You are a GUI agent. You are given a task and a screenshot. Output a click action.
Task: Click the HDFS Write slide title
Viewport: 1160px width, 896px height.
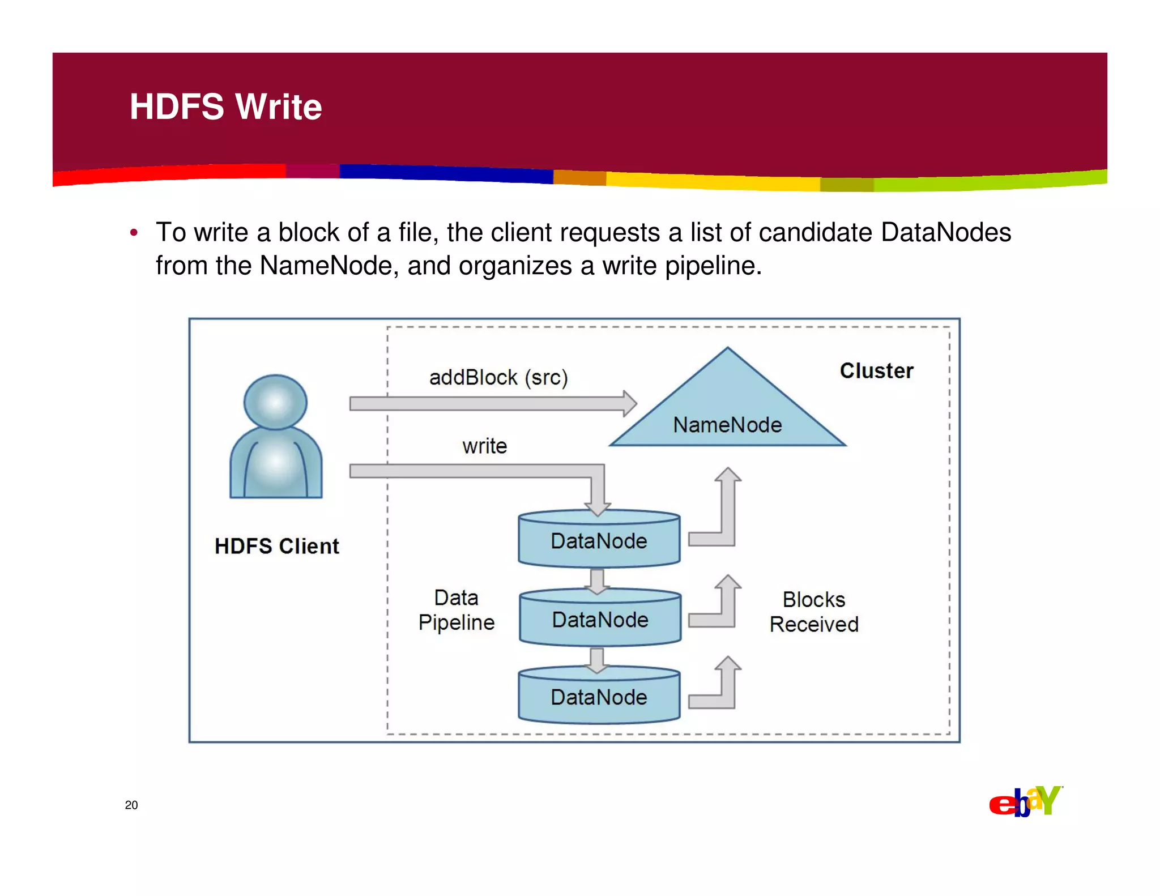(x=225, y=106)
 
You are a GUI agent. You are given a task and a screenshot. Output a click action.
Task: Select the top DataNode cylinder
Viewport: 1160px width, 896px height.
(x=599, y=540)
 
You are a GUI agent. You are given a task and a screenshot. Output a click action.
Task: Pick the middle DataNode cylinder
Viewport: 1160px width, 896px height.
(x=600, y=619)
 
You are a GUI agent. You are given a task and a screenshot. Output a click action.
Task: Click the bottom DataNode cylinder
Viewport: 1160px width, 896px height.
(x=599, y=697)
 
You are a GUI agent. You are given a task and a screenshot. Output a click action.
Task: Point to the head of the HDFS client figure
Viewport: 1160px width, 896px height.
(x=275, y=402)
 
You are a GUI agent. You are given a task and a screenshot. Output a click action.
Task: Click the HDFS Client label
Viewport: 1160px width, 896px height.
(x=276, y=546)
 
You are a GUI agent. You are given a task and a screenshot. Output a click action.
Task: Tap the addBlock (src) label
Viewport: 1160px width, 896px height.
(x=498, y=377)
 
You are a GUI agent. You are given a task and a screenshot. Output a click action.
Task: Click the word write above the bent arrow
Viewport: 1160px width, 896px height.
(x=484, y=446)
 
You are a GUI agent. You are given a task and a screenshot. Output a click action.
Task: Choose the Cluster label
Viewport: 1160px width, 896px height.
(x=876, y=370)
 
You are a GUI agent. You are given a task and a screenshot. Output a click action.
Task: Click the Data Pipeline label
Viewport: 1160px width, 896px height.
(x=457, y=610)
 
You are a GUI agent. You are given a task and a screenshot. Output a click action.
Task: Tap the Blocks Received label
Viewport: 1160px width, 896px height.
(x=814, y=612)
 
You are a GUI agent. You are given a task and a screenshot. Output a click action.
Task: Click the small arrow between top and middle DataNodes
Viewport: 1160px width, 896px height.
(x=597, y=581)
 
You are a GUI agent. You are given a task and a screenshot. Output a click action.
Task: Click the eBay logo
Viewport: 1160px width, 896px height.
(x=1025, y=802)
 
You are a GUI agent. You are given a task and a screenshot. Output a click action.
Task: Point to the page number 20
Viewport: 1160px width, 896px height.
(x=131, y=805)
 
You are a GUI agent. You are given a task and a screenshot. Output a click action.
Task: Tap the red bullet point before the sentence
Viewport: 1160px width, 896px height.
(x=134, y=233)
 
